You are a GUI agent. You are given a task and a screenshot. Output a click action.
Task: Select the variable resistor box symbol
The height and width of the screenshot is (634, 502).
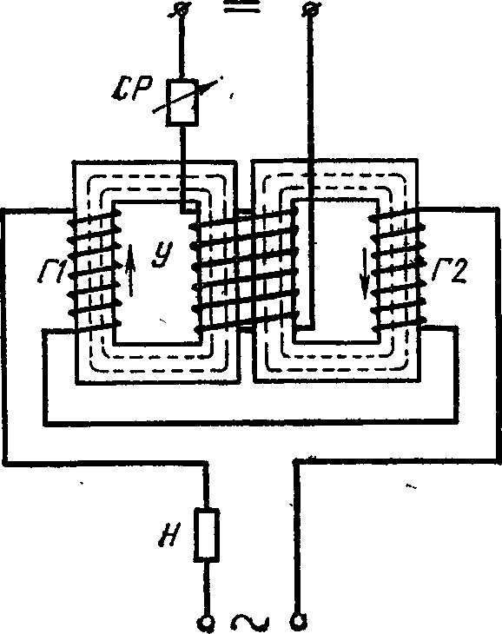(x=182, y=101)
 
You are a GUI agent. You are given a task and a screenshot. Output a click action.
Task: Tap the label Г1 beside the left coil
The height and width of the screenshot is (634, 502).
(x=52, y=271)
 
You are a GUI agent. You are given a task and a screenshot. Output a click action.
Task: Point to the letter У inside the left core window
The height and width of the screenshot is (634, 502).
(x=163, y=254)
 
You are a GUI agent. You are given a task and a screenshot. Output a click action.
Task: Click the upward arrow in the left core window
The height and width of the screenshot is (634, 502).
(x=130, y=270)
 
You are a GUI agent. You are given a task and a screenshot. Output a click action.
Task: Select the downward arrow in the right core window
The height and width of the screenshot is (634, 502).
(x=365, y=274)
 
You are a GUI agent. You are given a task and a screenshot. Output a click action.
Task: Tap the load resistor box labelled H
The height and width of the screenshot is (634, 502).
(x=208, y=535)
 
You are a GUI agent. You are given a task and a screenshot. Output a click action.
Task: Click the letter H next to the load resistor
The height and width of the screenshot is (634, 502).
(x=168, y=534)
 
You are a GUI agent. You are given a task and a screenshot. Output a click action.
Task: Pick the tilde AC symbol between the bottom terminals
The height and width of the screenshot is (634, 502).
(x=251, y=622)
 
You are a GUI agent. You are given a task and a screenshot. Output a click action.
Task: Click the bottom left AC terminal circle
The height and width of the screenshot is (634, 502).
(x=207, y=623)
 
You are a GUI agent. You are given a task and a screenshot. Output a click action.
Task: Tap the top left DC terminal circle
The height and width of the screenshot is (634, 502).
(x=180, y=9)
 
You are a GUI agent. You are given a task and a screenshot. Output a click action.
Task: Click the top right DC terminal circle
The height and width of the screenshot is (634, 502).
(x=311, y=8)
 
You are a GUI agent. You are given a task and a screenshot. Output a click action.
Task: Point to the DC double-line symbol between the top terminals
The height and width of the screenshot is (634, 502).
(x=242, y=7)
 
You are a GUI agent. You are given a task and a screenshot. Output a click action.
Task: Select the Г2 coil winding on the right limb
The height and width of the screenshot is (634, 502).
(x=398, y=269)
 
